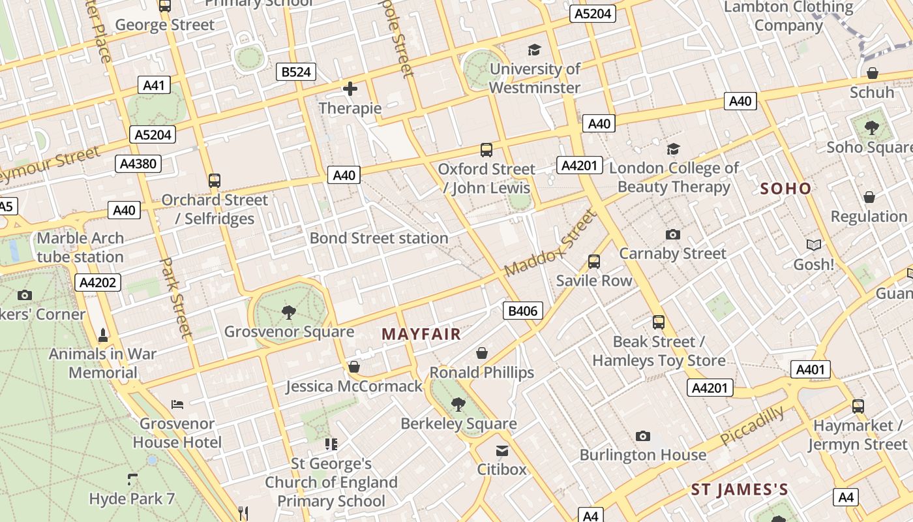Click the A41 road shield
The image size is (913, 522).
pos(155,85)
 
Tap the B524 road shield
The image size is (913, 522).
pos(296,72)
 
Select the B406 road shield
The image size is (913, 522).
pos(522,311)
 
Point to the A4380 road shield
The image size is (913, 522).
pos(139,163)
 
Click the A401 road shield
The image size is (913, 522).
pos(811,369)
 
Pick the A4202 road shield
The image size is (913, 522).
pos(98,283)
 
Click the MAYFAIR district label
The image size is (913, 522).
pos(421,335)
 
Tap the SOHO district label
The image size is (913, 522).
pos(786,189)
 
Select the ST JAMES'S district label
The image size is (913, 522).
pos(740,489)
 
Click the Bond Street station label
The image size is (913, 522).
pos(379,238)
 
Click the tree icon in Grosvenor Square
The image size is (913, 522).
pos(288,313)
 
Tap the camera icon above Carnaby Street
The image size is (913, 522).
pos(672,234)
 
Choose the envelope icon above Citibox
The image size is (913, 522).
pos(502,451)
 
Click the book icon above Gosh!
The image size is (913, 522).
pos(813,245)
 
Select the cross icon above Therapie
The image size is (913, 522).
pos(350,89)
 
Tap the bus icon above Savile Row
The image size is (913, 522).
pos(593,262)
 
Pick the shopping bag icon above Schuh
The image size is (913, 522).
pos(872,72)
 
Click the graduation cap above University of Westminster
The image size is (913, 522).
pos(534,50)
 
